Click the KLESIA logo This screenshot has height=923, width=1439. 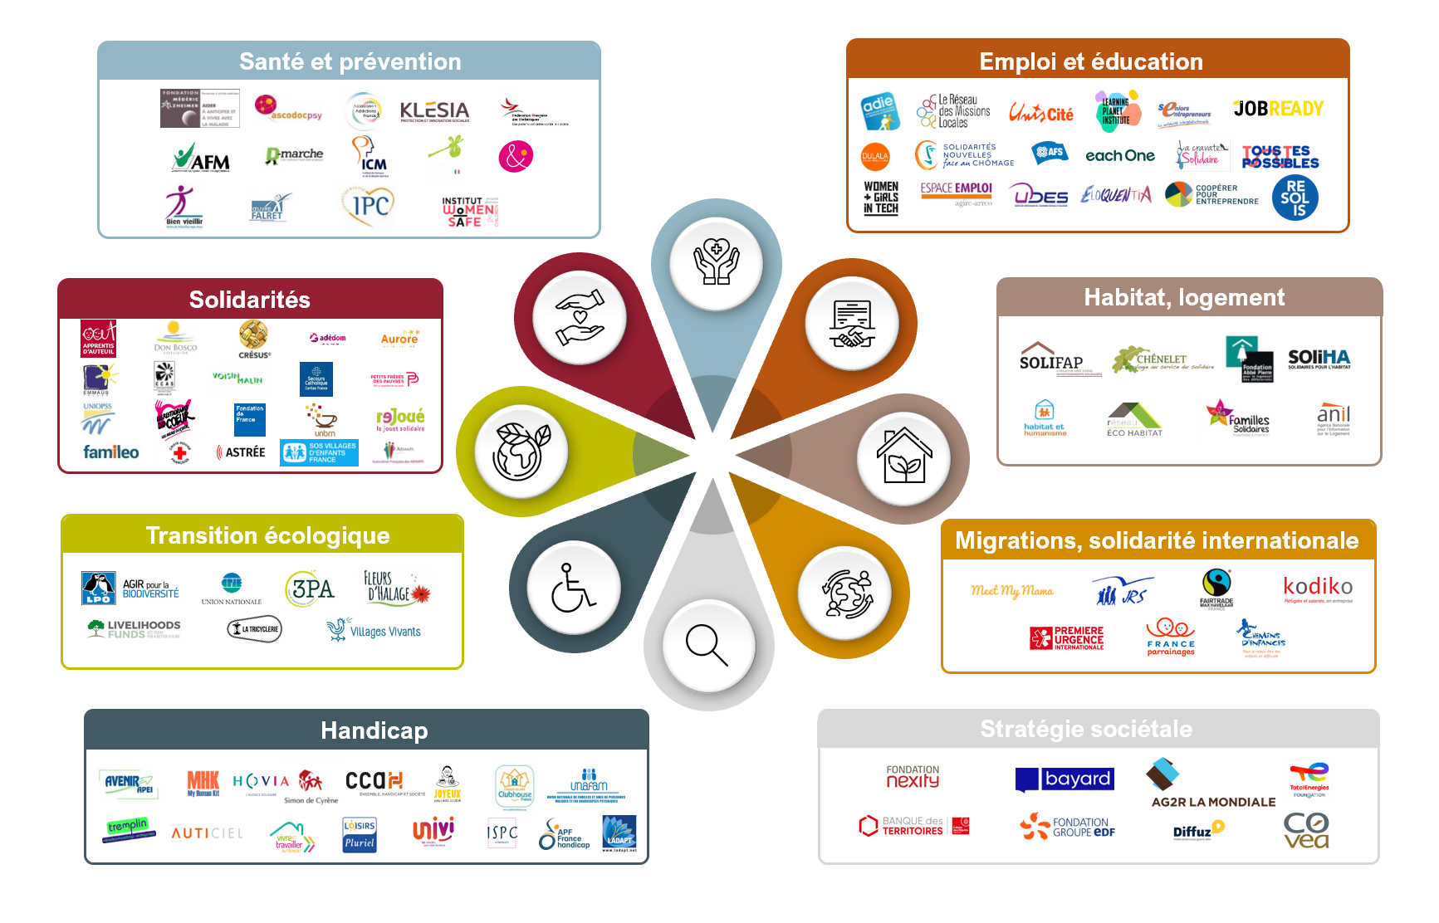point(434,111)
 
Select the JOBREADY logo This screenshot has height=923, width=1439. point(1278,109)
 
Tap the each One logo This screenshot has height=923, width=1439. point(1119,155)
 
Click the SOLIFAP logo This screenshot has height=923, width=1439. point(1051,359)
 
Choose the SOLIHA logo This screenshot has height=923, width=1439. point(1319,359)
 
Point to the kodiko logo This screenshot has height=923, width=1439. point(1318,588)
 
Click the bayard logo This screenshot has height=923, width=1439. point(1065,779)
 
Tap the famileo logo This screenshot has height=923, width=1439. point(111,452)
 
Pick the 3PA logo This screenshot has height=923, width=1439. point(311,588)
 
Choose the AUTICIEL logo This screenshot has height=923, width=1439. point(208,833)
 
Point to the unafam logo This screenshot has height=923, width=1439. point(589,781)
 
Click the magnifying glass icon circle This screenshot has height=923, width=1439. point(708,645)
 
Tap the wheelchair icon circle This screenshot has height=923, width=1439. point(573,587)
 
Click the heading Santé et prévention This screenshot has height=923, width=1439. point(350,61)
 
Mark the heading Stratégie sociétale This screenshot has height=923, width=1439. point(1086,729)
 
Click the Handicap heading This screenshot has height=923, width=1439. point(374,730)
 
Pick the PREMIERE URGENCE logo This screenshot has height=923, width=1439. point(1067,637)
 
